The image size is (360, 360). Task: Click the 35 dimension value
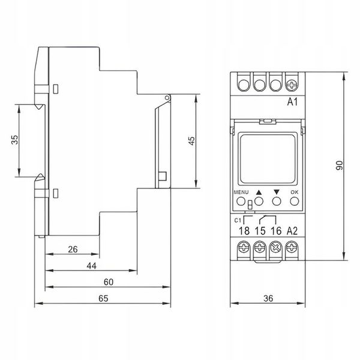pyautogui.click(x=14, y=140)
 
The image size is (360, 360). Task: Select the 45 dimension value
pyautogui.click(x=191, y=141)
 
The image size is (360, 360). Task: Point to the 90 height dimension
pyautogui.click(x=340, y=166)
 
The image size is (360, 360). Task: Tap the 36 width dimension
pyautogui.click(x=268, y=298)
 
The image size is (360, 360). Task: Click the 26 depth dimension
pyautogui.click(x=73, y=250)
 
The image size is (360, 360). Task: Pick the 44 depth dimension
pyautogui.click(x=92, y=266)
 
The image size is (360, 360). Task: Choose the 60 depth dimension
pyautogui.click(x=109, y=282)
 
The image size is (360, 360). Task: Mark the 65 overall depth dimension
pyautogui.click(x=103, y=298)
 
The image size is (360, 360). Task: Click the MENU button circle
pyautogui.click(x=241, y=202)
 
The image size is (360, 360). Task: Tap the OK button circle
pyautogui.click(x=295, y=202)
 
